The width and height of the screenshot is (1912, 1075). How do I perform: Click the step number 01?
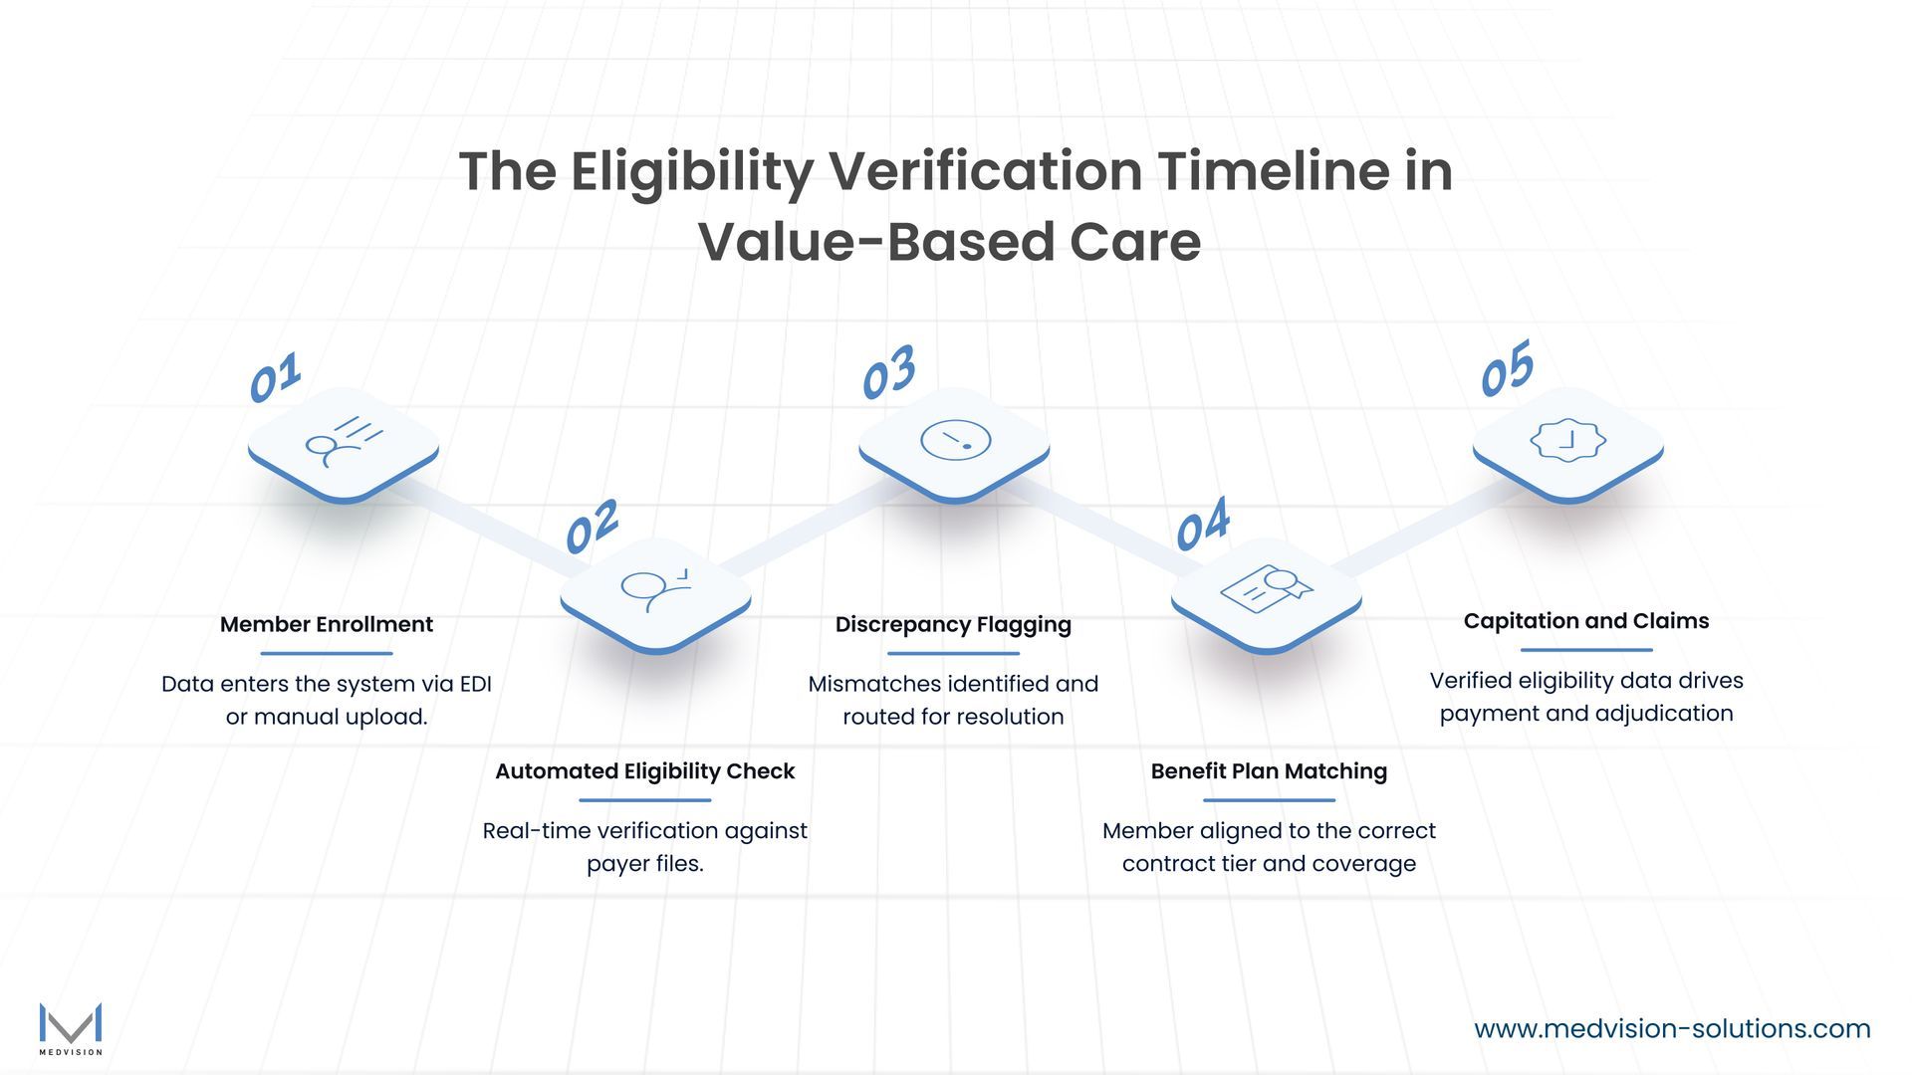tap(274, 378)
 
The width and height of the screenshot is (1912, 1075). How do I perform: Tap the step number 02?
tap(592, 527)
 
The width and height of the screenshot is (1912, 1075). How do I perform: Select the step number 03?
tap(887, 372)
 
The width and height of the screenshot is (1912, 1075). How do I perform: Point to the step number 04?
tap(1202, 525)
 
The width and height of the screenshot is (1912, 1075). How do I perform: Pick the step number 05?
tap(1506, 369)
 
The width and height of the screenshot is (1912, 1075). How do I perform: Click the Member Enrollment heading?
tap(326, 624)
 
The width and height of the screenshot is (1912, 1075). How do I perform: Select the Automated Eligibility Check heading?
tap(644, 771)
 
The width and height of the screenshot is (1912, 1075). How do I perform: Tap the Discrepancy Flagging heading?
tap(953, 624)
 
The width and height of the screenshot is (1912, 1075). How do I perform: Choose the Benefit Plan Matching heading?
tap(1269, 771)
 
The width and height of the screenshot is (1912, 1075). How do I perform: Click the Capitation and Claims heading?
tap(1585, 621)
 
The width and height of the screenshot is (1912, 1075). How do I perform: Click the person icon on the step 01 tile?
tap(343, 440)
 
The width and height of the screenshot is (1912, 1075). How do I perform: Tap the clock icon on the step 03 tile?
tap(955, 440)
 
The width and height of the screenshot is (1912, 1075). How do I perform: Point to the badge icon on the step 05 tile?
tap(1567, 440)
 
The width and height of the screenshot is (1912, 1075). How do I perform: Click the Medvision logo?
tap(71, 1028)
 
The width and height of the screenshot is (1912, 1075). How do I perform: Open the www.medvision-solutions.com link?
tap(1672, 1028)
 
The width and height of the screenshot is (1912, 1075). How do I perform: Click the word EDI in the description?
tap(475, 684)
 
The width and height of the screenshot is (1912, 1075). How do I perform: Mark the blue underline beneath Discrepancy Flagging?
tap(953, 654)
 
